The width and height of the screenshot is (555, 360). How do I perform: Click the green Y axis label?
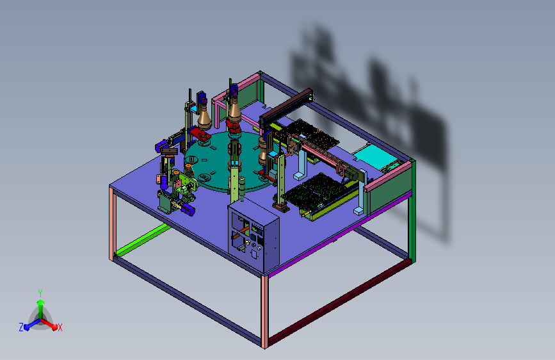(40, 293)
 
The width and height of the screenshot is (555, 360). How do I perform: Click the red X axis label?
(60, 328)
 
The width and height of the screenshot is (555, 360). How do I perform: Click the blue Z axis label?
(21, 327)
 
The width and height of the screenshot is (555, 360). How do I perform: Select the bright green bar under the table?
(143, 240)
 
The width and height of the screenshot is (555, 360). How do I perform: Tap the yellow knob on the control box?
(247, 243)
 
